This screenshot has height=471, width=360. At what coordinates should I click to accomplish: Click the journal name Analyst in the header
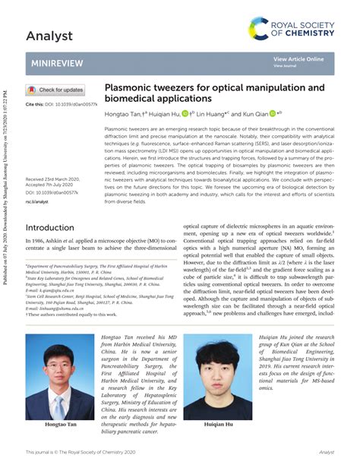coord(49,36)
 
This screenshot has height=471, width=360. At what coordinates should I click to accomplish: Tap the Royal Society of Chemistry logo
coord(292,30)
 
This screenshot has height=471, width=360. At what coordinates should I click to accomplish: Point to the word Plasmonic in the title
coord(130,88)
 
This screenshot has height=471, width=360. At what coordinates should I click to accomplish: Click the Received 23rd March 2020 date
coord(53,179)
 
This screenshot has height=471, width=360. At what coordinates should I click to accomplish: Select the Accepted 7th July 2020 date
coord(52,185)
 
